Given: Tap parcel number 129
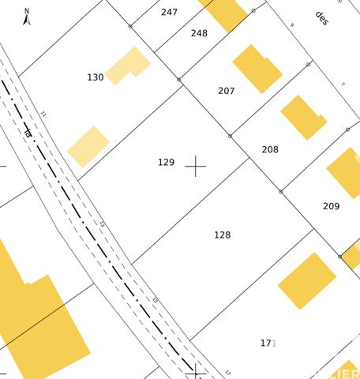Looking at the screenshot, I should tap(166, 163).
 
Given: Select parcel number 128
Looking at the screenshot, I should tap(223, 235).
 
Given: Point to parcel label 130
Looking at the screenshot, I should tap(96, 77).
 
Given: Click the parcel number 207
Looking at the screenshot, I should tap(227, 91).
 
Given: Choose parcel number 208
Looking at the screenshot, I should tap(270, 149).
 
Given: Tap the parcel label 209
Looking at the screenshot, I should tap(332, 206).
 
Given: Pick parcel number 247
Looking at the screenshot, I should tap(170, 12).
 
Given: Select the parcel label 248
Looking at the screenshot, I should tap(199, 33).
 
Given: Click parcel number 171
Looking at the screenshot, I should tap(268, 343).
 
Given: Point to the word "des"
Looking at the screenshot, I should tap(321, 17).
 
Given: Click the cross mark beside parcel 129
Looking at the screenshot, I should tap(195, 167).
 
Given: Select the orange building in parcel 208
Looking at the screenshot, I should tap(302, 117).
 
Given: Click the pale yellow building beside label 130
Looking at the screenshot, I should tap(127, 66).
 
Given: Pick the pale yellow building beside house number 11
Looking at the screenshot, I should tap(88, 146).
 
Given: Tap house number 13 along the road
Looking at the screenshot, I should tap(101, 224).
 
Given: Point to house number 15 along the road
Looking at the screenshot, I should tap(155, 301).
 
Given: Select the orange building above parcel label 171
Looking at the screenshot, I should tap(307, 280).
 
